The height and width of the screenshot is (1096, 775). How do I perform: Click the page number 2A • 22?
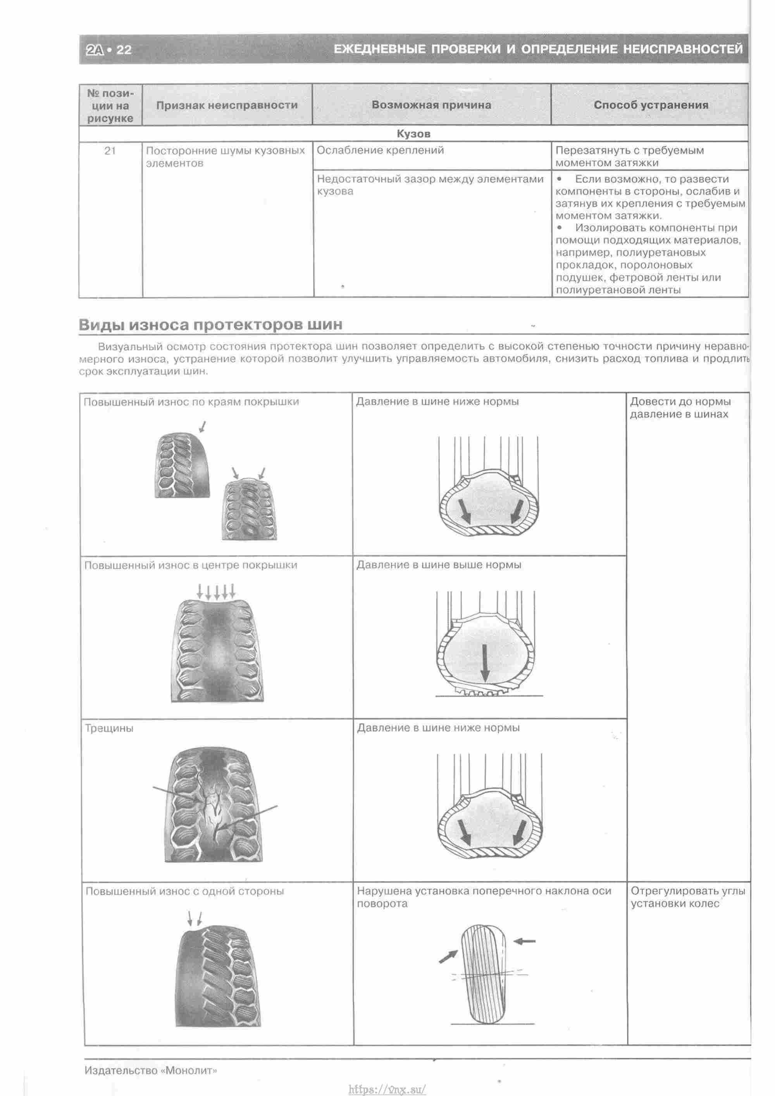click(x=109, y=50)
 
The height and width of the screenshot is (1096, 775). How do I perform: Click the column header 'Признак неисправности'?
click(x=227, y=105)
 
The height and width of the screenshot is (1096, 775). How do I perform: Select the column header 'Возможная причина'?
click(x=431, y=105)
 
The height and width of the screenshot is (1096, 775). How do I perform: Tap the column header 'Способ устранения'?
click(x=651, y=105)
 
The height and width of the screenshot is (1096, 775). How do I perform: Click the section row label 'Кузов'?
click(x=413, y=134)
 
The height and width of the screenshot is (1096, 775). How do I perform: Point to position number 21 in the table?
click(x=110, y=151)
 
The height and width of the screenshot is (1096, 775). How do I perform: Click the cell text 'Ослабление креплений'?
click(x=381, y=150)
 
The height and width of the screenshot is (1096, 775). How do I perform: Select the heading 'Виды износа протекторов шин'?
click(x=210, y=324)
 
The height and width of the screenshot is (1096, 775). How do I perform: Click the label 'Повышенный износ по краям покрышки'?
click(x=191, y=402)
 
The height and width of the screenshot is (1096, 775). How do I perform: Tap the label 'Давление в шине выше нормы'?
click(x=439, y=565)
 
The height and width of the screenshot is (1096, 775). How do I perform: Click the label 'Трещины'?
click(x=109, y=728)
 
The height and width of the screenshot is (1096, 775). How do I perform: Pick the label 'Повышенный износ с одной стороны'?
click(x=185, y=891)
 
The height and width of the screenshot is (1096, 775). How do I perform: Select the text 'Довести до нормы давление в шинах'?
click(x=680, y=408)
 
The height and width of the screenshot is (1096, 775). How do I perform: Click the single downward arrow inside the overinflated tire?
click(x=485, y=663)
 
